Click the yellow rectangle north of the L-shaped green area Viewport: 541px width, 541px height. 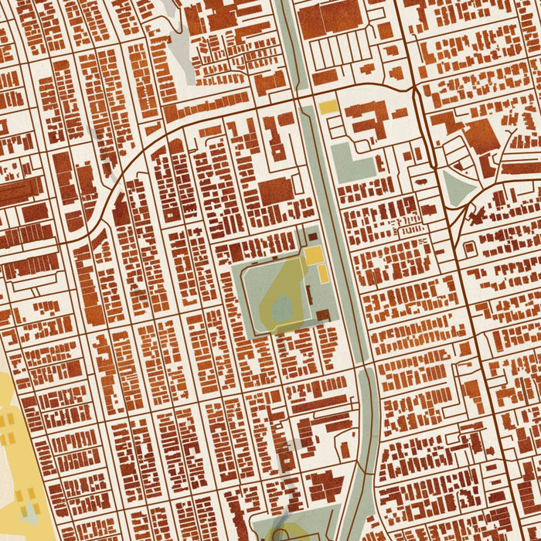coord(328,107)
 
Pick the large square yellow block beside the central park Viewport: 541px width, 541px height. coord(313,256)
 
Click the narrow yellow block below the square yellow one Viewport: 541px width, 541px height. coord(322,274)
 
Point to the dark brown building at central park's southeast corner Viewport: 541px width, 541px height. coord(323,315)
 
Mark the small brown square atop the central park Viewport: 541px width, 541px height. coord(312,235)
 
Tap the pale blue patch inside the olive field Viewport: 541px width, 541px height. coord(281,309)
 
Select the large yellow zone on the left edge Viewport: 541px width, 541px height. coord(15,456)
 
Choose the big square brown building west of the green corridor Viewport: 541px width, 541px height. coord(276,191)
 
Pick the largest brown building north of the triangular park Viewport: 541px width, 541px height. coord(481,135)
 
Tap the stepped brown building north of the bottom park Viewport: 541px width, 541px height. coord(325,487)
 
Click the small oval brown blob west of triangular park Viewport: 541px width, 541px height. coord(427,209)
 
